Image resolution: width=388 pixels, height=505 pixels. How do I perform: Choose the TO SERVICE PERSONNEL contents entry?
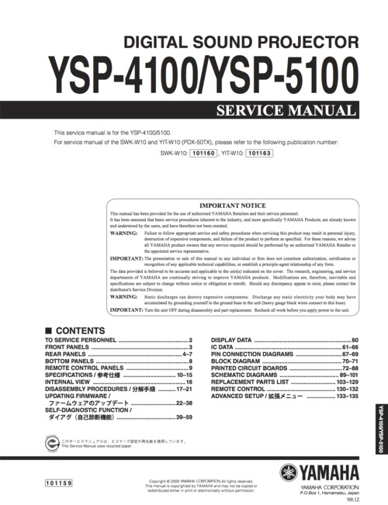pyautogui.click(x=80, y=341)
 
